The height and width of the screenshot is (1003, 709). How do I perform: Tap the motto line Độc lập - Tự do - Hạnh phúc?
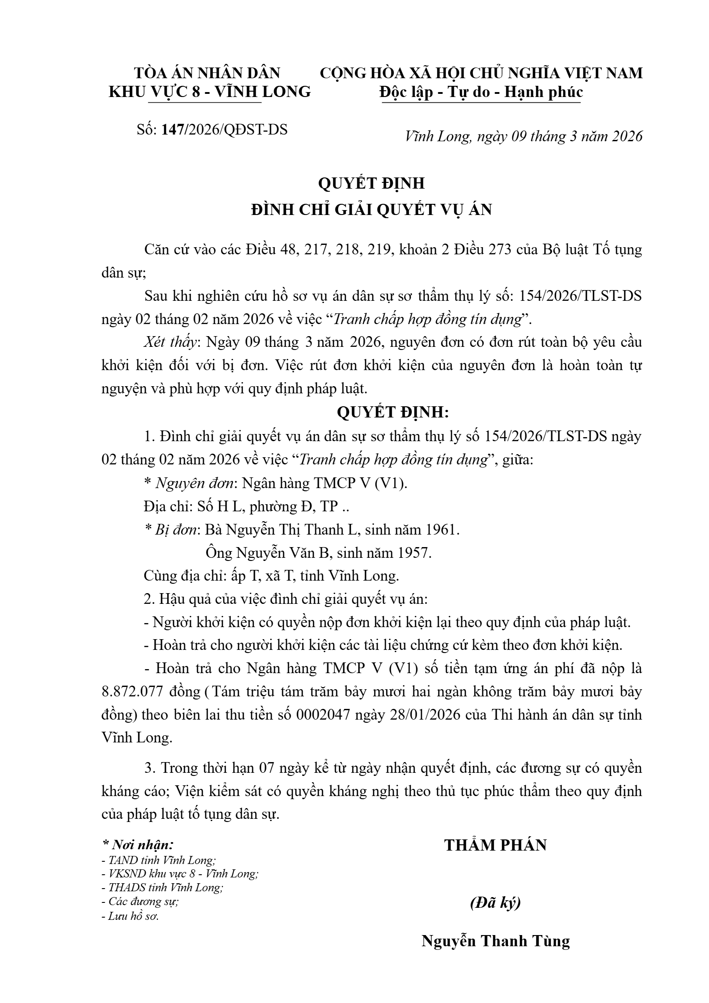[x=481, y=92]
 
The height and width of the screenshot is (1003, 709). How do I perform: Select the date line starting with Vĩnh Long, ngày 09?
[x=523, y=136]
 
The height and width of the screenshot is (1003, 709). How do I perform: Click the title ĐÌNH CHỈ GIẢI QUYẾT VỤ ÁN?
[x=371, y=210]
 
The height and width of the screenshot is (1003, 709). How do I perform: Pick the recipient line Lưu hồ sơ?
[x=133, y=916]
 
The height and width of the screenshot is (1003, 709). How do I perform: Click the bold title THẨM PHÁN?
[x=495, y=845]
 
